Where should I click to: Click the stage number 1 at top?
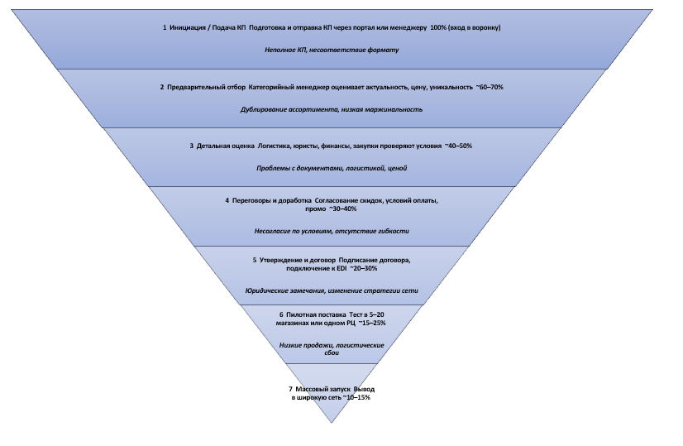click(165, 28)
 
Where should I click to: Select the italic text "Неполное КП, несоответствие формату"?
click(332, 50)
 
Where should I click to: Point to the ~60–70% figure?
click(489, 87)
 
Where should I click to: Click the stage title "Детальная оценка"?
click(226, 146)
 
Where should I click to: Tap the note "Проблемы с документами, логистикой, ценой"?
click(332, 168)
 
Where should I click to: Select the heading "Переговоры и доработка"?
click(271, 200)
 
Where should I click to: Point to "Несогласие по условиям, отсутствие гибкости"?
click(332, 231)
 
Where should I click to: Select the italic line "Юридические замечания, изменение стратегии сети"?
click(332, 290)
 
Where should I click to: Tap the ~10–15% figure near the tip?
click(353, 398)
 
